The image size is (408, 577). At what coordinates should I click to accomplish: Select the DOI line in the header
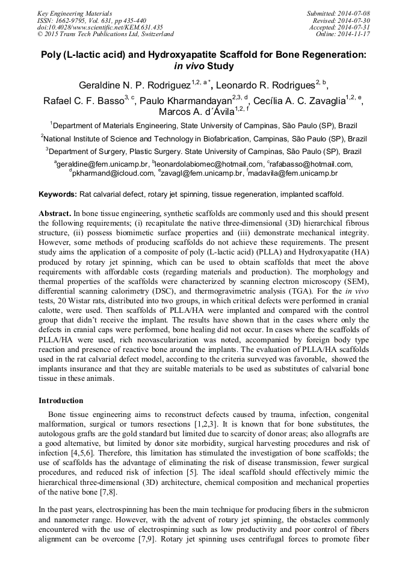point(100,27)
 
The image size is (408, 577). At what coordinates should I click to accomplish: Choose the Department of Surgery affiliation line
point(203,151)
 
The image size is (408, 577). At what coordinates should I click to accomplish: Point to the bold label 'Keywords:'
point(58,194)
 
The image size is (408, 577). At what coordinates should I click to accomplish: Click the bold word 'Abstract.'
point(55,213)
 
